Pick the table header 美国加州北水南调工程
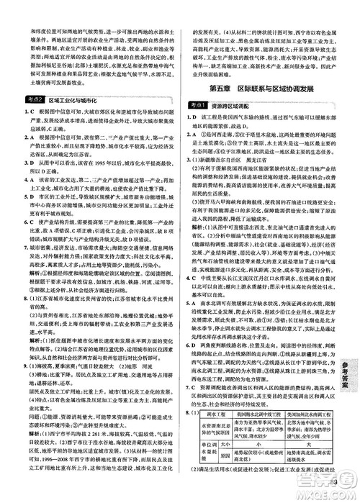306,414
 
